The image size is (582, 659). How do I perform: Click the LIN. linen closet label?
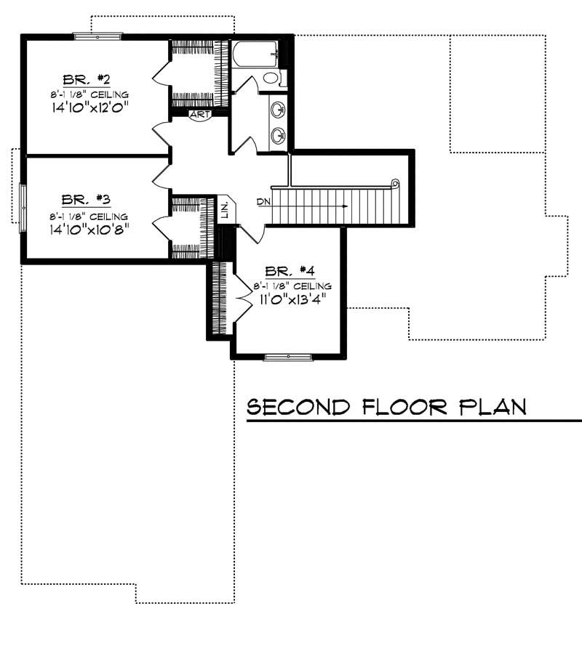(x=225, y=210)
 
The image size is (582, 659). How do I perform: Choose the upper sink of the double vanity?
(x=277, y=110)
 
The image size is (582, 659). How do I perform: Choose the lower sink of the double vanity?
(x=277, y=134)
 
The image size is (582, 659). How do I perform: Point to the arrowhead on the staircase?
(x=345, y=206)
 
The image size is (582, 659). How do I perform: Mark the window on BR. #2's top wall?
(x=97, y=34)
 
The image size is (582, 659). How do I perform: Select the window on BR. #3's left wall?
(x=22, y=208)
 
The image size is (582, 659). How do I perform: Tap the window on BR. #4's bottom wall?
(x=288, y=357)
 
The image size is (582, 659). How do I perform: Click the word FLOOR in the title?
(x=405, y=407)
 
